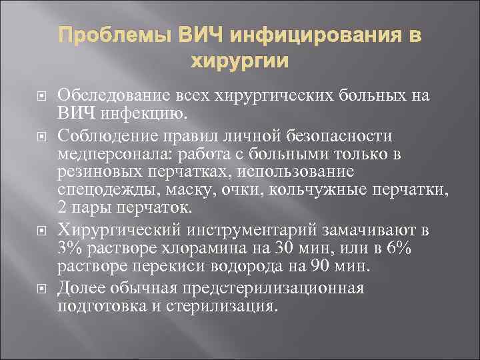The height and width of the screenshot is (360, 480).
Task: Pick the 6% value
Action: pos(416,249)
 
